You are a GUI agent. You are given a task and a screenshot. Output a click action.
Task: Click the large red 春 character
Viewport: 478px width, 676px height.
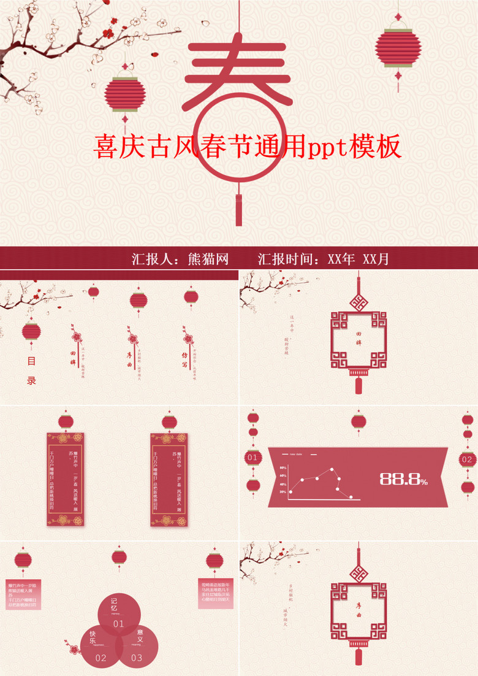(237, 80)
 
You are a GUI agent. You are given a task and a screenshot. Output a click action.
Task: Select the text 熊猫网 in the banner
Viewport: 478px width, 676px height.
(208, 259)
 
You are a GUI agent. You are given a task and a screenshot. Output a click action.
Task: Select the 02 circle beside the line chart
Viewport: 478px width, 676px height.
(467, 459)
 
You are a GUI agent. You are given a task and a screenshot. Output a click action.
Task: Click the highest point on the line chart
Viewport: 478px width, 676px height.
(332, 470)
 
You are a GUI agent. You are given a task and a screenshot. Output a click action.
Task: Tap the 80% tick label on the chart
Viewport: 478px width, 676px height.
(283, 468)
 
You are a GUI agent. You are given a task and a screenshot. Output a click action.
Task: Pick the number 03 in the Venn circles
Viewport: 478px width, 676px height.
(137, 658)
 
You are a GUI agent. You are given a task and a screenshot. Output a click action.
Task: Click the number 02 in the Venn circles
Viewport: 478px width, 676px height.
(101, 658)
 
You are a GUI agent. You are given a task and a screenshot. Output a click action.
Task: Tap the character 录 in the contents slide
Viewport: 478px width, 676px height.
(31, 380)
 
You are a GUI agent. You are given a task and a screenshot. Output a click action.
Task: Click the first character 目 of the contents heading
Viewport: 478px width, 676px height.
(31, 361)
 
